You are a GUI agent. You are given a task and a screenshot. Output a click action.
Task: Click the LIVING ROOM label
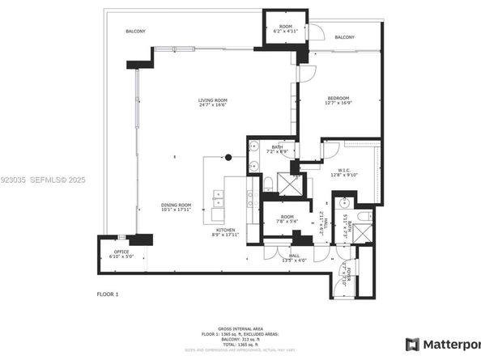[x=213, y=100]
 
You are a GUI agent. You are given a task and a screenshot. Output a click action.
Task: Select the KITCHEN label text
[x=225, y=231]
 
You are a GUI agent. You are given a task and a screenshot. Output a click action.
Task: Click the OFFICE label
[x=121, y=252]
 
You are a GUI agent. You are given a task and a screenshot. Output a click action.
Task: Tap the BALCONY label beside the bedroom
[x=344, y=37]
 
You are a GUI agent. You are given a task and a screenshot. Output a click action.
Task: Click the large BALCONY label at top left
[x=135, y=31]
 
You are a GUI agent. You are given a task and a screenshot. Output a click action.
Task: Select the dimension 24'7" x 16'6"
[x=213, y=106]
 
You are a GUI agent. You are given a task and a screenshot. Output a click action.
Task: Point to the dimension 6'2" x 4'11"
[x=286, y=32]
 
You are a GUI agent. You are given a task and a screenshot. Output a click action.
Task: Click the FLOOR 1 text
[x=108, y=294]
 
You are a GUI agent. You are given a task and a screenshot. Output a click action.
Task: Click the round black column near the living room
[x=228, y=157]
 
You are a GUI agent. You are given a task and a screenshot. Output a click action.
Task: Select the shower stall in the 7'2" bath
[x=286, y=182]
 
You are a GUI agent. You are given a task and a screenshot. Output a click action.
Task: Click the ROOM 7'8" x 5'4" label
[x=287, y=219]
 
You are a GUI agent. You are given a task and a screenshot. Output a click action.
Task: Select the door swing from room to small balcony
[x=319, y=33]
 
